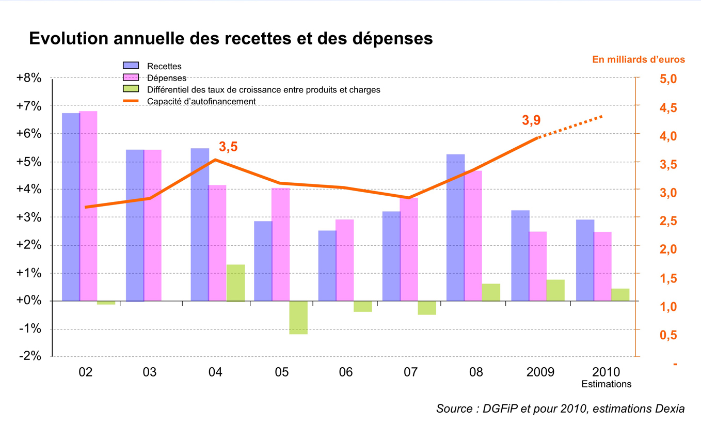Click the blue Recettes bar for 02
click(71, 207)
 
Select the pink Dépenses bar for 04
click(217, 243)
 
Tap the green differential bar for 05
click(298, 318)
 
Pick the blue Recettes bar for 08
click(455, 227)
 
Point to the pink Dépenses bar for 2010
click(602, 266)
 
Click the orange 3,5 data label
click(228, 147)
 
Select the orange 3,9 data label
click(531, 120)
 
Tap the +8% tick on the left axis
click(29, 78)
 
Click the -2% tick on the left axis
click(30, 357)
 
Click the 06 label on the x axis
click(345, 372)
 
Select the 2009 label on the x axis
click(541, 372)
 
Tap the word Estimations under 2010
click(606, 384)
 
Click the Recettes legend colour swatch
click(131, 66)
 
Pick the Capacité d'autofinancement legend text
click(201, 102)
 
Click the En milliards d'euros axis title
click(638, 59)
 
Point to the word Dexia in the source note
click(669, 409)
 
